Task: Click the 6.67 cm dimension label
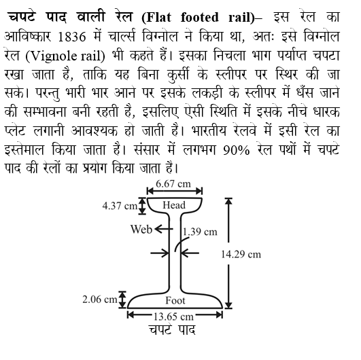(173, 185)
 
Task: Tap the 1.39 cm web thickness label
(201, 232)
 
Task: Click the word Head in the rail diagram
(173, 204)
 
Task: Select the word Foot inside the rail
(175, 300)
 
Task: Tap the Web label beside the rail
(141, 229)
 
